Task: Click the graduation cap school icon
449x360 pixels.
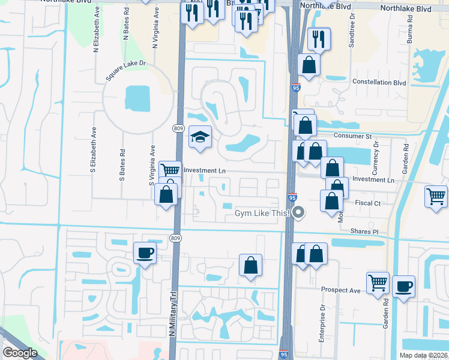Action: [200, 137]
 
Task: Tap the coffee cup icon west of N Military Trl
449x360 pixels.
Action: [145, 253]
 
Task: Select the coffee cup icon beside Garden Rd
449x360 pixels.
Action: [403, 286]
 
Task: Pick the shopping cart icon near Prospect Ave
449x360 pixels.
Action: [378, 282]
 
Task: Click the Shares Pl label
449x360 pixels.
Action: [366, 231]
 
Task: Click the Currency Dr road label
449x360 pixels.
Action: [376, 152]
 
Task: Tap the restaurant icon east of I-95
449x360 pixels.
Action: [319, 39]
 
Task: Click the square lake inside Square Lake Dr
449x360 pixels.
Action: [137, 98]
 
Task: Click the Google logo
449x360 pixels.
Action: [20, 353]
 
